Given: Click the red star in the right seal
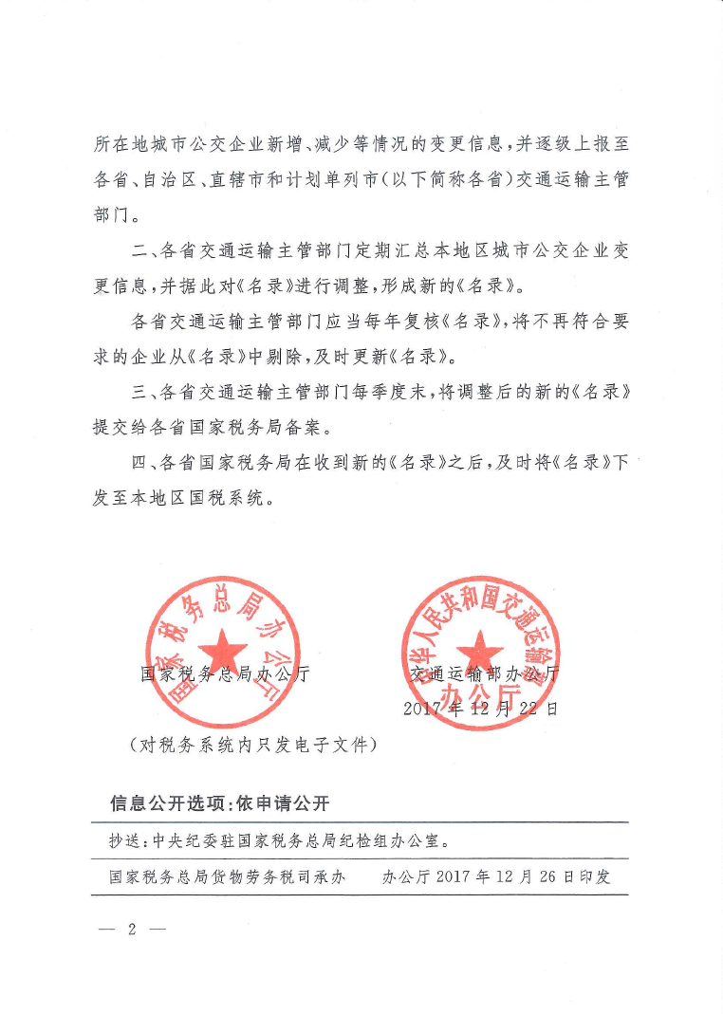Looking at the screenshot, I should [479, 653].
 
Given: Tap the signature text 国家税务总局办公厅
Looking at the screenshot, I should [225, 676].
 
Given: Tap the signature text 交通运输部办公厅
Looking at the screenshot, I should [484, 676].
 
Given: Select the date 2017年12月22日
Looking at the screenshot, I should [481, 709].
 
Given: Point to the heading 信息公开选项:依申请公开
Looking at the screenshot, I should [220, 803].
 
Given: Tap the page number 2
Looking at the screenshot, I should [132, 929].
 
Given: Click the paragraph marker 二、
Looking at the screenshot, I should [142, 253].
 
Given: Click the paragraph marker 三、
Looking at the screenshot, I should [142, 391].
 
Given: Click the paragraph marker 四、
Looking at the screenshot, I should [142, 463].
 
